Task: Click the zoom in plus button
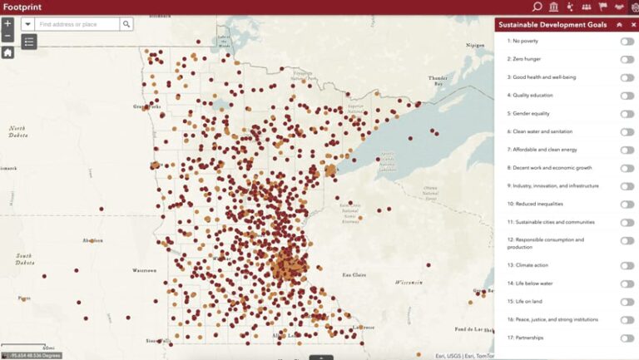click(x=7, y=24)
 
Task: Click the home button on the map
click(x=7, y=52)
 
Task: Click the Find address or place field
click(x=77, y=25)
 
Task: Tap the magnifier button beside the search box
click(x=126, y=25)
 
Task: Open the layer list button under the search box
click(x=29, y=41)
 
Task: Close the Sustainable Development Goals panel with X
click(x=632, y=25)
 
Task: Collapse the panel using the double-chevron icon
click(x=618, y=25)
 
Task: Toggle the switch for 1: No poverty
click(x=627, y=41)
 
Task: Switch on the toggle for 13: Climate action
click(x=627, y=265)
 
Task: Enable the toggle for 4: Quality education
click(x=627, y=96)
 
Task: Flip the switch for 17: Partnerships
click(x=627, y=338)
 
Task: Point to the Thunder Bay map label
click(x=438, y=81)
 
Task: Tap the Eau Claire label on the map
click(x=355, y=274)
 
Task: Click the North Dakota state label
click(x=17, y=132)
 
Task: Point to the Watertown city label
click(x=143, y=270)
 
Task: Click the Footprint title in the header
click(x=23, y=7)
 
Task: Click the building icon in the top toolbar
click(x=554, y=7)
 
